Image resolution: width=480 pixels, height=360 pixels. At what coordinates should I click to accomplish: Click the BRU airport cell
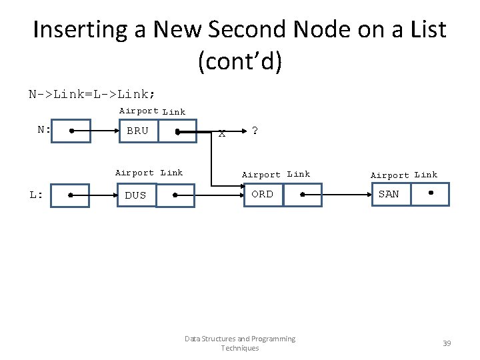click(138, 131)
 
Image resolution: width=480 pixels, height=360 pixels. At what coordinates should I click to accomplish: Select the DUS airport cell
click(136, 195)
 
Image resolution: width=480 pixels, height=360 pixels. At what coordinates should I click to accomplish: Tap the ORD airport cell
click(263, 195)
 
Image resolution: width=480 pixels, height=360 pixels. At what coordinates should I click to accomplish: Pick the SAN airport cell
click(390, 194)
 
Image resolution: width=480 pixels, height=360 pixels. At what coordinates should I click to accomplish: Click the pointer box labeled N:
click(70, 131)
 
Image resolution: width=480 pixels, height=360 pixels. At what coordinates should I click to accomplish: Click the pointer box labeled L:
click(70, 195)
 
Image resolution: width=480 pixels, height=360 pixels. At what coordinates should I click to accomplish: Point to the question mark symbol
click(254, 131)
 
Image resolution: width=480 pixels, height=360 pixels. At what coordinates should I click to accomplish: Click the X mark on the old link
click(222, 133)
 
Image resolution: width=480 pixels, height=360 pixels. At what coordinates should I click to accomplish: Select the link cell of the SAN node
click(430, 194)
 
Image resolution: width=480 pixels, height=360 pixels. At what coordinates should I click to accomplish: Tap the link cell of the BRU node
click(177, 131)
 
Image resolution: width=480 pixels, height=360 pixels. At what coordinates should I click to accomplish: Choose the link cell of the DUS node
click(175, 195)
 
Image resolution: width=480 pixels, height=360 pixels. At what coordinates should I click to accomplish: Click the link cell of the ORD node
click(302, 195)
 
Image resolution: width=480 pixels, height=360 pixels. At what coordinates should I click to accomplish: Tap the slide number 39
click(447, 343)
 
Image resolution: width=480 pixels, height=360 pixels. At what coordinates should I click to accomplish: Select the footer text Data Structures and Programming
click(240, 339)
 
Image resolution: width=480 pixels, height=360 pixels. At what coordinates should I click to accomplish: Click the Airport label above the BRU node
click(139, 111)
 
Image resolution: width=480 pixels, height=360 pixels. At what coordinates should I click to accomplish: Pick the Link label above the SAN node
click(426, 175)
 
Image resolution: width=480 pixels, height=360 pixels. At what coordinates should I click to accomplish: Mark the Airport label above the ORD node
click(261, 175)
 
